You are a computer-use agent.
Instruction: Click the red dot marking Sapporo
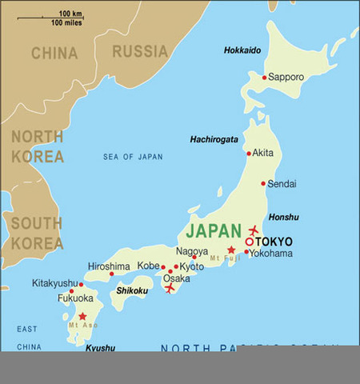point(264,78)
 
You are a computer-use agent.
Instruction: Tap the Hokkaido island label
point(242,50)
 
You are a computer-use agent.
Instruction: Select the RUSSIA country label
point(139,52)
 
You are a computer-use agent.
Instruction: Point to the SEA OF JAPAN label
point(133,157)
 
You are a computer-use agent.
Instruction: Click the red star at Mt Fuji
point(231,250)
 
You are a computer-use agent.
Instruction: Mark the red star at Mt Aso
point(82,316)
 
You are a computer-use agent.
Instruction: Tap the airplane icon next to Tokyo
point(254,230)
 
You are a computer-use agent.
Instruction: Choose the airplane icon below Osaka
point(170,288)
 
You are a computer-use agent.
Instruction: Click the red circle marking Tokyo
point(250,241)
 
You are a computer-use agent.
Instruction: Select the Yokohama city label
point(270,254)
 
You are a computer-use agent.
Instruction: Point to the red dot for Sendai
point(263,183)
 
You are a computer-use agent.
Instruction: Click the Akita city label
point(263,153)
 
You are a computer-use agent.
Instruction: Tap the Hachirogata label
point(214,139)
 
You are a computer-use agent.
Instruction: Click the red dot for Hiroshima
point(111,274)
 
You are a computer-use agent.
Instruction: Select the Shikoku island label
point(132,290)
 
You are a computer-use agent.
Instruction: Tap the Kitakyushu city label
point(55,283)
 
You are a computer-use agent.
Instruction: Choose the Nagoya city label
point(192,250)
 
